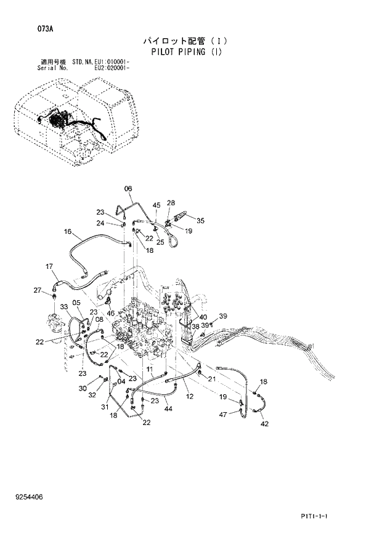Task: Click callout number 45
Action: click(156, 205)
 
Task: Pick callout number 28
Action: click(171, 202)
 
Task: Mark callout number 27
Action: click(37, 290)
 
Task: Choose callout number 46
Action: click(111, 313)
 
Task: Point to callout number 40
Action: click(203, 317)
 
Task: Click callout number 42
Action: click(264, 424)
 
